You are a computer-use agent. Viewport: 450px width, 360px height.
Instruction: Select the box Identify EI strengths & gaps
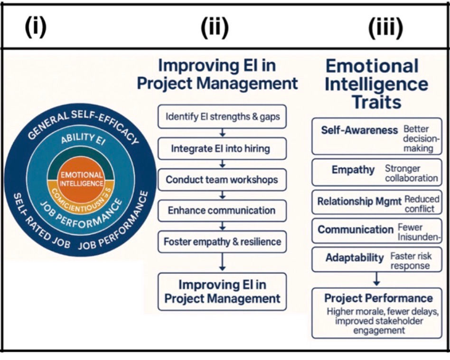tap(222, 117)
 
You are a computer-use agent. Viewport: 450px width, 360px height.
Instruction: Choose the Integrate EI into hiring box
tap(222, 148)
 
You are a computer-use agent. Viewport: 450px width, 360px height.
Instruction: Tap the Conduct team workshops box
tap(222, 180)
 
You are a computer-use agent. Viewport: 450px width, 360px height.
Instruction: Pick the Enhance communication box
tap(222, 210)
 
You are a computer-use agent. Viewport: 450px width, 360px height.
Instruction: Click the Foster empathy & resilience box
tap(222, 242)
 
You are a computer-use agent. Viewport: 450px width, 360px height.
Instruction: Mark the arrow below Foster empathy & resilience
tap(222, 262)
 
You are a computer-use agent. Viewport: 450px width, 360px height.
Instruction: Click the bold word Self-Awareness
tap(359, 130)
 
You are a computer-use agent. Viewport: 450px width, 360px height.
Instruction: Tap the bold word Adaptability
tap(355, 258)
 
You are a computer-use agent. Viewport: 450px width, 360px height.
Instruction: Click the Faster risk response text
tap(411, 260)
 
